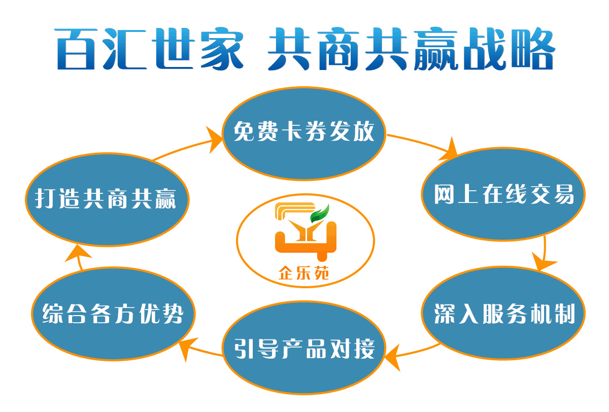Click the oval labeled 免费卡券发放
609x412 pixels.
(304, 133)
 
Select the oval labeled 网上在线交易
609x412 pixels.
(503, 194)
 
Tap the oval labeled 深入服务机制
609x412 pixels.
(503, 313)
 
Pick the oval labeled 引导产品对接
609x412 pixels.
(304, 348)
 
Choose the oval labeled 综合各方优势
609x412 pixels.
(113, 314)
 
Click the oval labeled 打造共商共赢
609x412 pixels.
(107, 199)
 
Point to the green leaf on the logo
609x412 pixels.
(320, 214)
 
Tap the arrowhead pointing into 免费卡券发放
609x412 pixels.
(214, 140)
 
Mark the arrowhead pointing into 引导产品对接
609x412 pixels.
(392, 357)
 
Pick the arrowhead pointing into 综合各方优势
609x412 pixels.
(188, 348)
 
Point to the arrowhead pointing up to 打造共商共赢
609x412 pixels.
(78, 253)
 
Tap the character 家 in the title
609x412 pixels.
(222, 49)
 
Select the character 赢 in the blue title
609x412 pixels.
(436, 49)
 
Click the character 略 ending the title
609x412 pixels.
(533, 49)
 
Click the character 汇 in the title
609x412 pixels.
(124, 49)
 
